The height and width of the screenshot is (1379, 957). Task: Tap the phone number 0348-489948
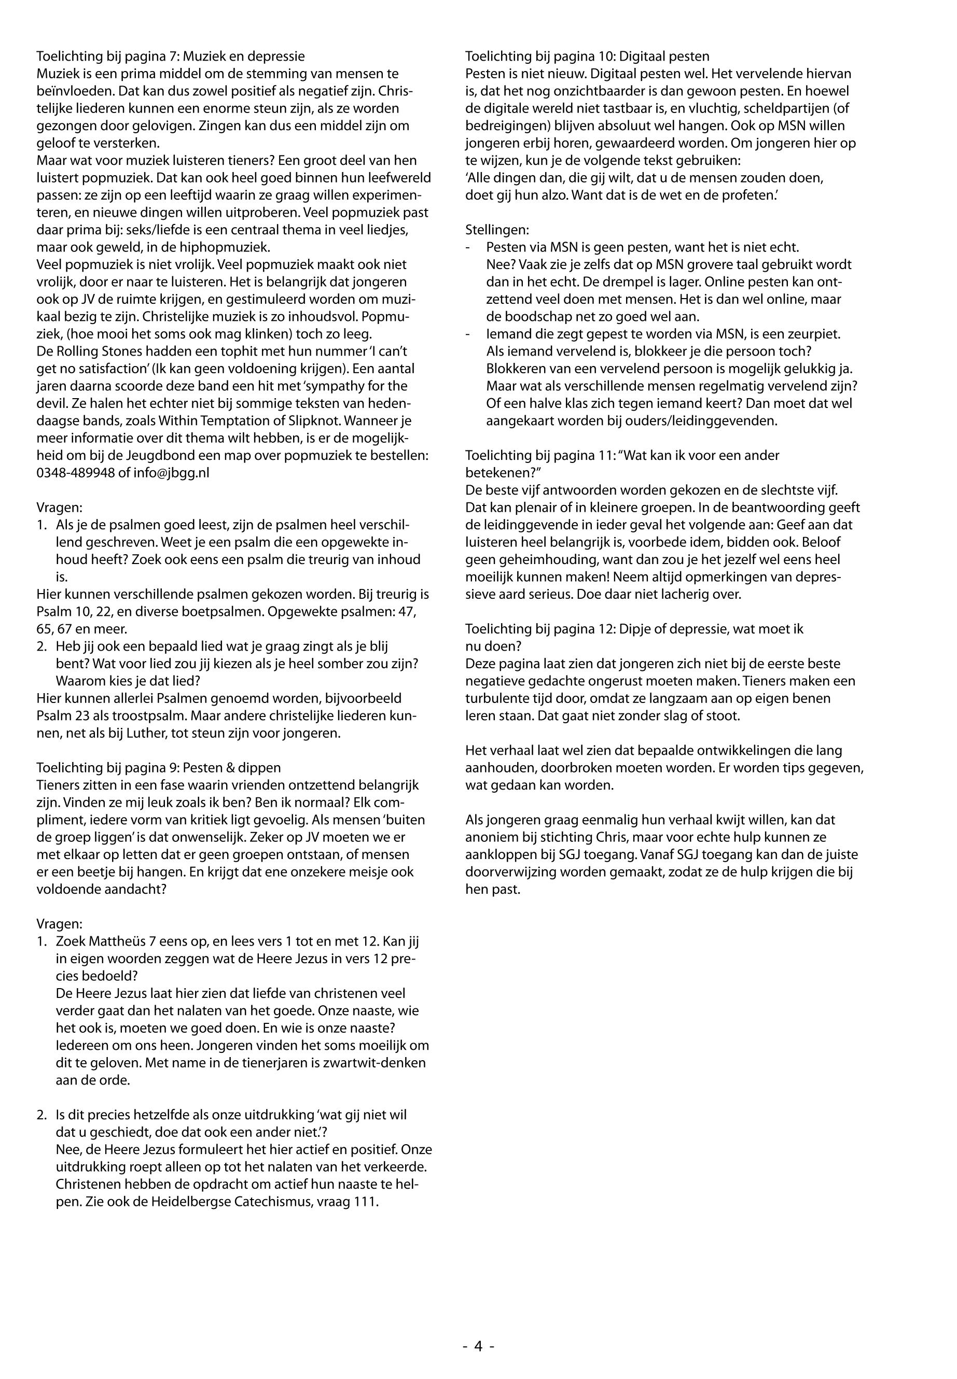click(x=76, y=472)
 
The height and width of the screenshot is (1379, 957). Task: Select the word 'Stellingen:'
click(x=497, y=230)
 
